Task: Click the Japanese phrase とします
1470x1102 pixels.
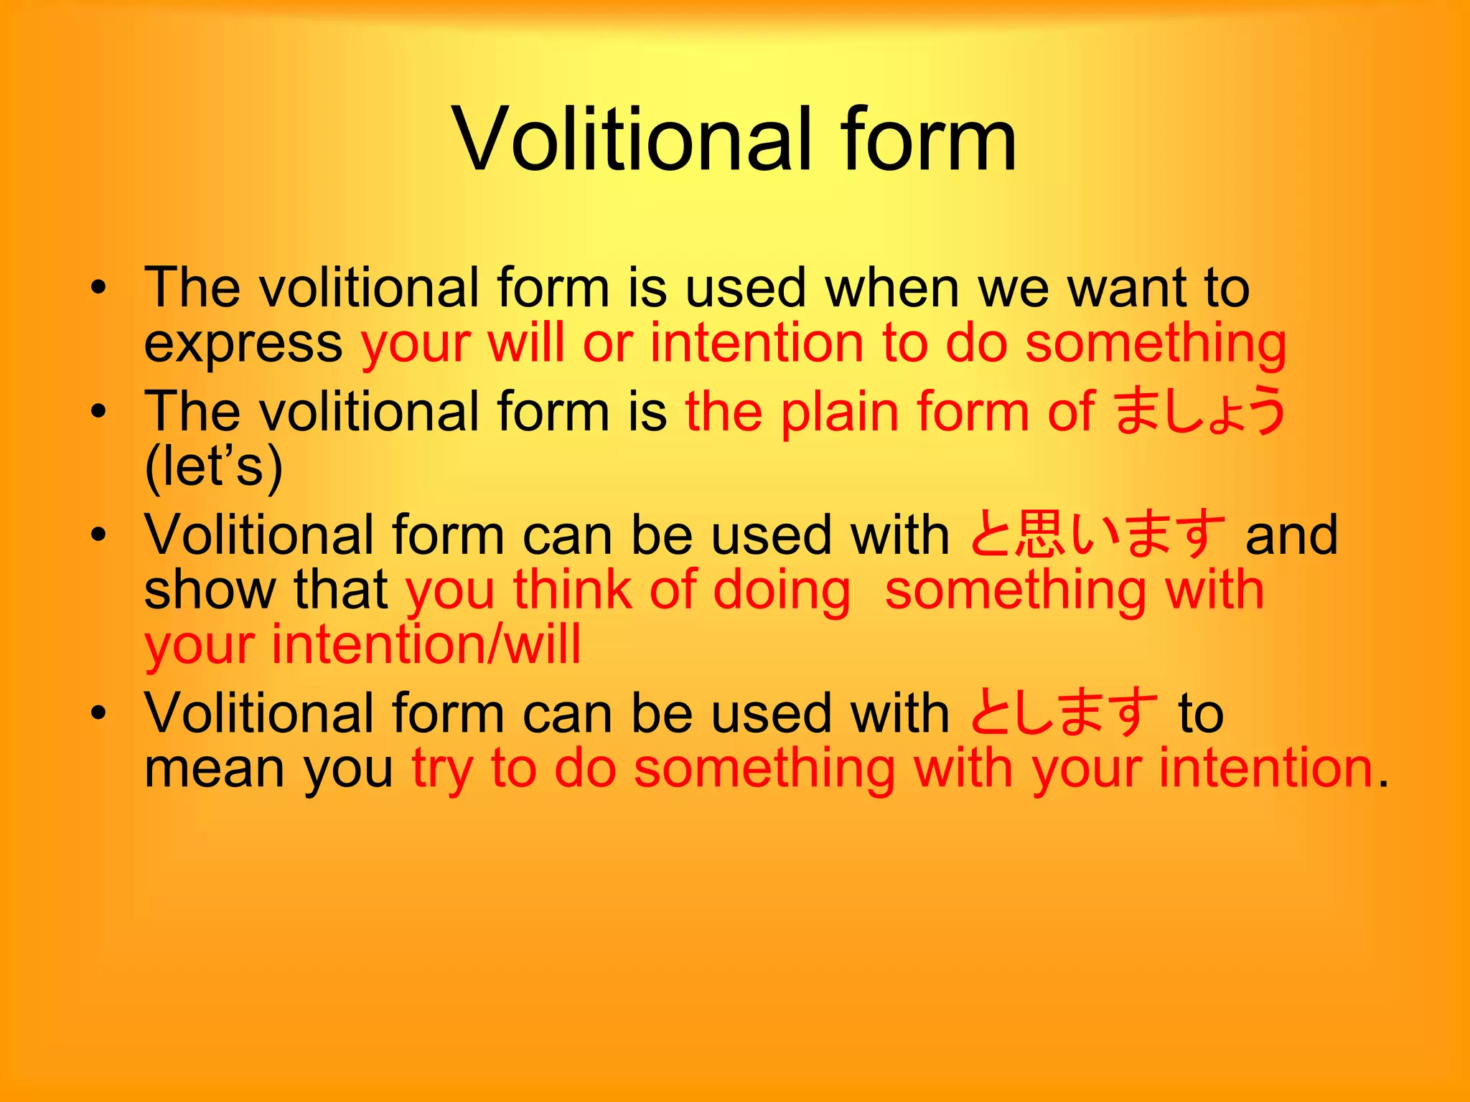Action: point(1063,712)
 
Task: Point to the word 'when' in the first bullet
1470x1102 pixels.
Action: point(892,288)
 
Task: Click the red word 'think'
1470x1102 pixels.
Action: point(571,590)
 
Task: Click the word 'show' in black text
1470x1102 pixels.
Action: point(210,590)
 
